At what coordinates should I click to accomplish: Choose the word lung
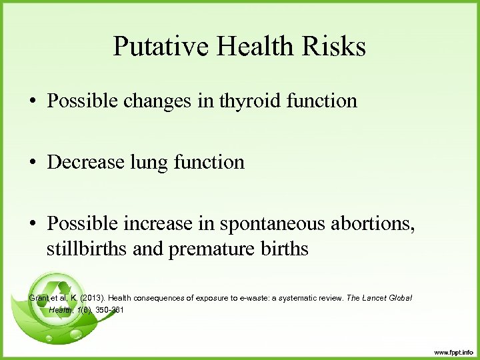(x=157, y=162)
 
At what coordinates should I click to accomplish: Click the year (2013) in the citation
(x=91, y=297)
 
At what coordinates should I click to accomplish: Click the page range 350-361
(x=109, y=310)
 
